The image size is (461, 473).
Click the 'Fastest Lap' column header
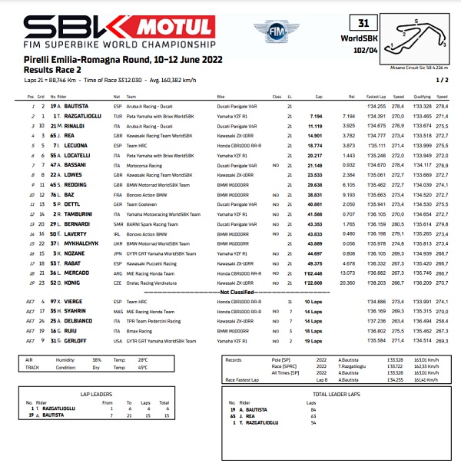(376, 96)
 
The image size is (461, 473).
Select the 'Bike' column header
(221, 96)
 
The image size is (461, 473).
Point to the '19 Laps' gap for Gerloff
(312, 341)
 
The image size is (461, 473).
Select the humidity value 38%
(97, 359)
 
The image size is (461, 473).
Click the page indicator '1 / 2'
(442, 79)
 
